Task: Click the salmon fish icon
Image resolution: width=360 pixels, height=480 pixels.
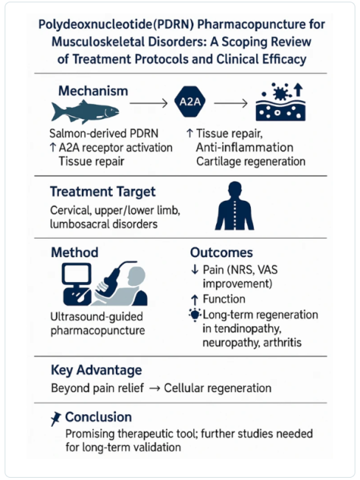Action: [85, 112]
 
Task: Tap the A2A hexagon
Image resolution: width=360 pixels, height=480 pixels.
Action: [190, 102]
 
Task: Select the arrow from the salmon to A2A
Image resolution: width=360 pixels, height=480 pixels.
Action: [149, 103]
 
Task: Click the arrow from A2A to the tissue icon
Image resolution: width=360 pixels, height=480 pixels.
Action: [231, 103]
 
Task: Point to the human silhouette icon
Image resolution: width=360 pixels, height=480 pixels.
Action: [235, 206]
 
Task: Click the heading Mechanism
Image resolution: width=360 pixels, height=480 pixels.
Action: [93, 91]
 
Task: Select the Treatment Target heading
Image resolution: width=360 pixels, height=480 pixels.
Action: [103, 192]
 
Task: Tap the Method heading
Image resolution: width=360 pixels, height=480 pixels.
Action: [75, 253]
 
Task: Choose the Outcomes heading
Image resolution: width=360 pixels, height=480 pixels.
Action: [221, 253]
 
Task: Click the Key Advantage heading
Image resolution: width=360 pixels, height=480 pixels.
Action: [97, 370]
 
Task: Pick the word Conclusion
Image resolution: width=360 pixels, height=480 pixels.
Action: [99, 417]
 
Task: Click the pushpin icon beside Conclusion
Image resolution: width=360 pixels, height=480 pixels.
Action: [56, 419]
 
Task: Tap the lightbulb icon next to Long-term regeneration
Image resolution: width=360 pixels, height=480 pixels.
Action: [195, 315]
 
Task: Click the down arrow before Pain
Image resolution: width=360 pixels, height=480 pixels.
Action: [195, 270]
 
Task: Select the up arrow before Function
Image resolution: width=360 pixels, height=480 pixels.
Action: [195, 299]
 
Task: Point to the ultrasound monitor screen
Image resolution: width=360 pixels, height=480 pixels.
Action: [77, 274]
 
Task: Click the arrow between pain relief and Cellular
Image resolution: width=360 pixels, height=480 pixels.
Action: [154, 388]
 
